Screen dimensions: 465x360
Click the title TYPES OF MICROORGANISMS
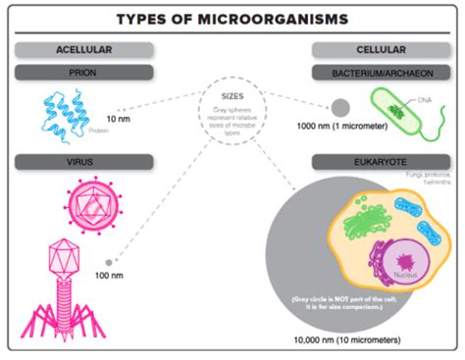[232, 20]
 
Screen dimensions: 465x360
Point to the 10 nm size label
[119, 119]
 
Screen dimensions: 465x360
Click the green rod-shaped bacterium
[397, 109]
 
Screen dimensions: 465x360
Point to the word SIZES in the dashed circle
[232, 96]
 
